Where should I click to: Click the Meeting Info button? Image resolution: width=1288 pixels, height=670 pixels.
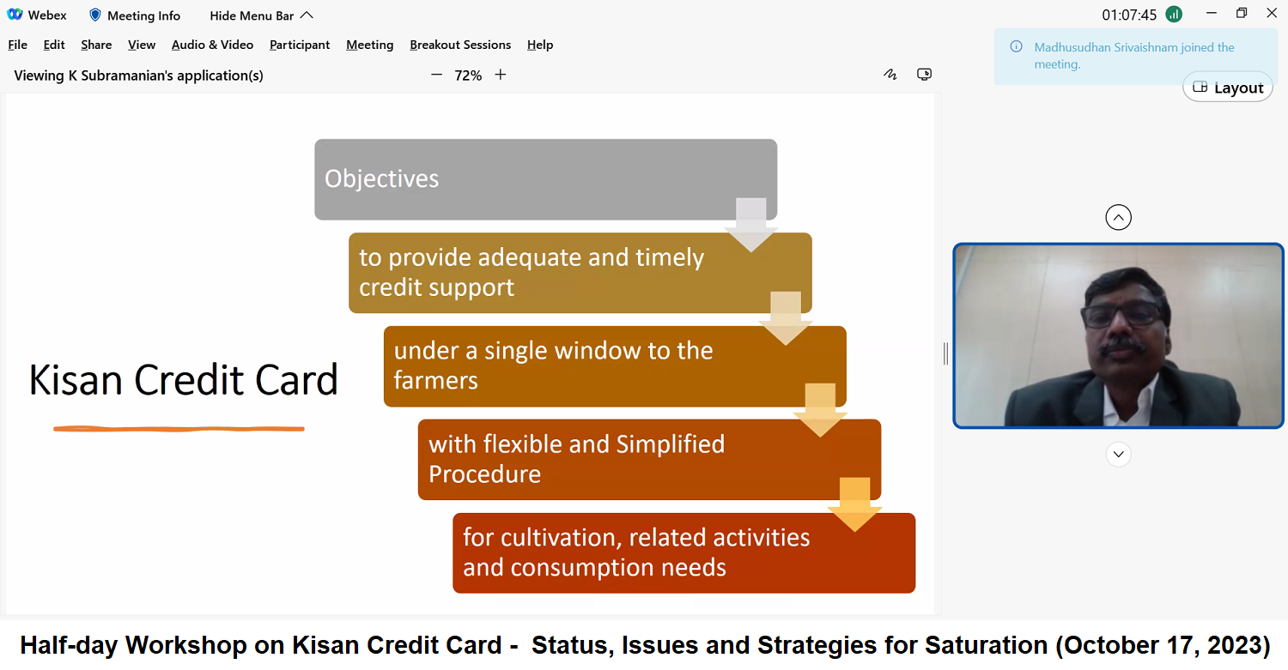coord(135,15)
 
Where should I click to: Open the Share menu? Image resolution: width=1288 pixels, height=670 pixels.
coord(96,45)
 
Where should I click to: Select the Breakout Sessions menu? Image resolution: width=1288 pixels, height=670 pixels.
coord(460,45)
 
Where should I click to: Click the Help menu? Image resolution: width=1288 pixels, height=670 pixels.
coord(540,45)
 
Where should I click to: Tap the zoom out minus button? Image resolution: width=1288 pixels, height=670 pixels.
coord(436,75)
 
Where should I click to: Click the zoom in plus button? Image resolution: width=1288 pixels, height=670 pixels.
coord(501,75)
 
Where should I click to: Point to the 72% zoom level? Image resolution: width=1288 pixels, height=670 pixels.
coord(468,75)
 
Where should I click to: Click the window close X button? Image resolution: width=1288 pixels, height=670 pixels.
coord(1272,13)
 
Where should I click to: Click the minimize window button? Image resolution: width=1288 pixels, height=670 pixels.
coord(1211,13)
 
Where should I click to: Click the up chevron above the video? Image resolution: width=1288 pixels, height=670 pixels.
coord(1118,217)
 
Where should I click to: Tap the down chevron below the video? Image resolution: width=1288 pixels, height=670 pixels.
coord(1118,455)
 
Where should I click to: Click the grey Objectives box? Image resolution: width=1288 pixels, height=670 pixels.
coord(545,179)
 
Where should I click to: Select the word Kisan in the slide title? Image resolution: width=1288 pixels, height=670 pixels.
coord(76,380)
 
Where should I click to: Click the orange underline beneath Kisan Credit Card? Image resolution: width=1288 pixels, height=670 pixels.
coord(179,429)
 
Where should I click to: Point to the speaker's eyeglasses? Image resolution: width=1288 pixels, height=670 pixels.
coord(1121,314)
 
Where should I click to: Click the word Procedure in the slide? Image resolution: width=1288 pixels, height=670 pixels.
coord(485,474)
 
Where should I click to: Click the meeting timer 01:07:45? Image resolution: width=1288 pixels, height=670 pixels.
coord(1129,15)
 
